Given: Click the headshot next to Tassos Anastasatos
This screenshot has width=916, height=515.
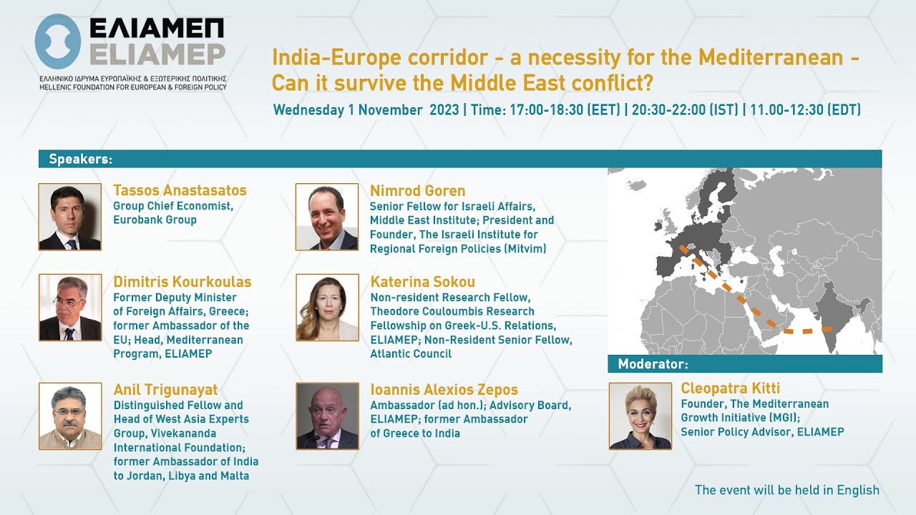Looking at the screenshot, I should [69, 217].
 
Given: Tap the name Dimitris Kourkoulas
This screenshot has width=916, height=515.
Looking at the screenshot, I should [182, 282].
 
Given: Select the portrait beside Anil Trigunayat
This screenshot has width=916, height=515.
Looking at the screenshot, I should [69, 416].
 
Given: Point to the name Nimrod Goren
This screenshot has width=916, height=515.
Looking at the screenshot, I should [417, 191].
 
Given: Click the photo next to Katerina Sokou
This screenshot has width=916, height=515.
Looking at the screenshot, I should [327, 308].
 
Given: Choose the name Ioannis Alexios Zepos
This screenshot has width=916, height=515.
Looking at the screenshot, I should [444, 390].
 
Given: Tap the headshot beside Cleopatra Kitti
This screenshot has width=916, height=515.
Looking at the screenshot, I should [640, 416].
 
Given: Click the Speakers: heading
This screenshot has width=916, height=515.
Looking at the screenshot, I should [80, 159].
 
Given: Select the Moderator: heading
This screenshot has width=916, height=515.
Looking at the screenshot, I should [653, 364].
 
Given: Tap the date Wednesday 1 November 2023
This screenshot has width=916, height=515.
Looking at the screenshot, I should [366, 110].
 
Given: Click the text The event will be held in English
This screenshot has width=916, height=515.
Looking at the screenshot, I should [786, 490].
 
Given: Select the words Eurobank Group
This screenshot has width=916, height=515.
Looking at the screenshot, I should [155, 220].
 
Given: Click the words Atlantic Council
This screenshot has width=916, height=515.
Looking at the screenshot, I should [411, 354].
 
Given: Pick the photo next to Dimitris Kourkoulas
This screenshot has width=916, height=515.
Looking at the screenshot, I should [69, 308].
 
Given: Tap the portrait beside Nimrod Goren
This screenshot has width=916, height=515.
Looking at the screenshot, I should [327, 217].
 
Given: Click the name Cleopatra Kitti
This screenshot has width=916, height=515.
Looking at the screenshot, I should [729, 388].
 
